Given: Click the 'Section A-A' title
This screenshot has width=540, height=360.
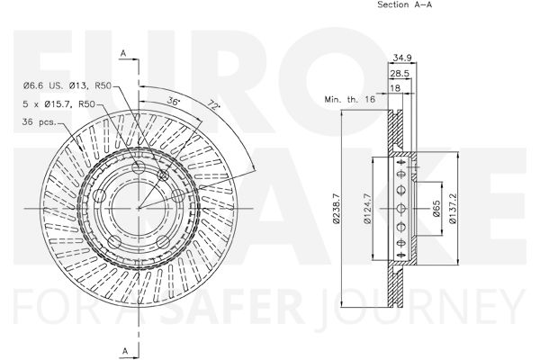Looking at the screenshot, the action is pos(405,4).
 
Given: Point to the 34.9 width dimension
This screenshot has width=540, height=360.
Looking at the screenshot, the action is pos(402,58).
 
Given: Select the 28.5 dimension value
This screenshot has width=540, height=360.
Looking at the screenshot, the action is pos(400,73).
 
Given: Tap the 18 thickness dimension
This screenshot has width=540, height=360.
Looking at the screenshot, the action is pos(395,88).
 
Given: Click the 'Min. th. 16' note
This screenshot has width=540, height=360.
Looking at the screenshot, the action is pos(349,100).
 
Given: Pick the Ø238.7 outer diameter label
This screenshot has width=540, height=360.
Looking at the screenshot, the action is pos(336,209).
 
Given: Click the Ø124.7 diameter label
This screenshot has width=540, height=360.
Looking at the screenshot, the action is pos(367,209).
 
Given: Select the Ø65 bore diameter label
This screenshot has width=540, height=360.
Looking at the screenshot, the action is pos(436,209).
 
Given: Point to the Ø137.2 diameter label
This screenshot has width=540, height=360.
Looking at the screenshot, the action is pos(453,209).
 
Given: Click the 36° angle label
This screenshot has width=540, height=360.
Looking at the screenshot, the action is pos(174,101).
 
